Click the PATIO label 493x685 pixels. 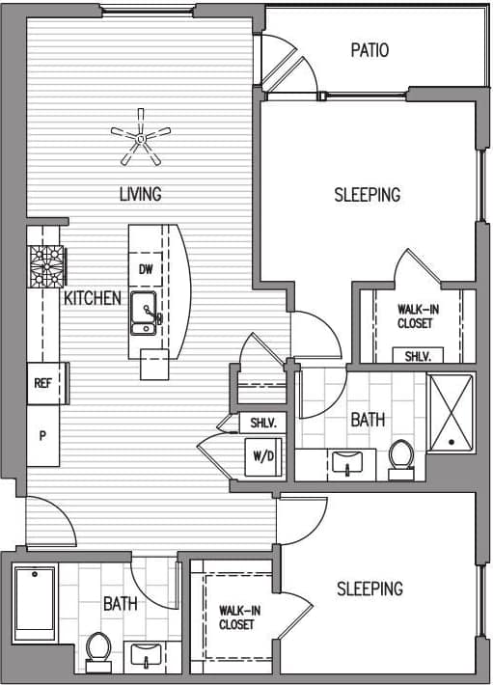click(370, 49)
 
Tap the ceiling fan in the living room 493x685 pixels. click(141, 141)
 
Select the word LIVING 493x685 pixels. click(140, 194)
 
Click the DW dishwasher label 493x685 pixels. click(146, 269)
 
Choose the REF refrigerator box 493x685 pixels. click(43, 383)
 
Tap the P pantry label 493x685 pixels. click(42, 435)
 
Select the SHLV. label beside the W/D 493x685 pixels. click(263, 423)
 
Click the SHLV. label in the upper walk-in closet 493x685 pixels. click(417, 356)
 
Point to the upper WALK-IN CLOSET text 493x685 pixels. click(415, 316)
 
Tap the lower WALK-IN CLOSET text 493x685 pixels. click(236, 617)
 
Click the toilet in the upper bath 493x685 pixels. click(400, 457)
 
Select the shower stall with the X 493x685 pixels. click(451, 411)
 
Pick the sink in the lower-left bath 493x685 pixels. click(147, 654)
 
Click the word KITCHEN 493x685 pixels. click(93, 298)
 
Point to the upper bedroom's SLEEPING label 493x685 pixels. click(367, 195)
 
